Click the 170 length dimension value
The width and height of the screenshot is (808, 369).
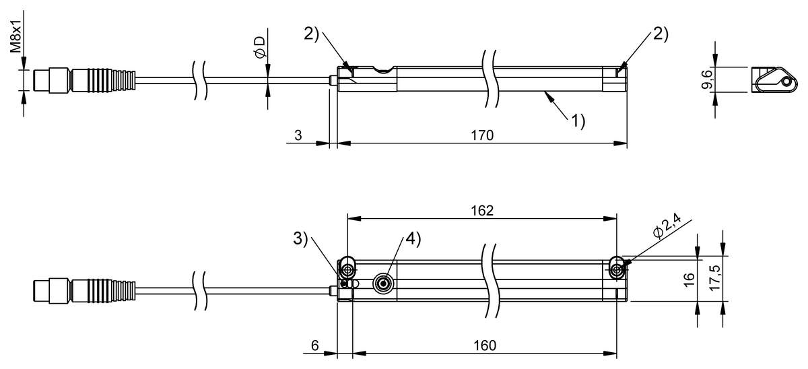[x=482, y=135]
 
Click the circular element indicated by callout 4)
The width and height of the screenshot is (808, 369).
[x=384, y=283]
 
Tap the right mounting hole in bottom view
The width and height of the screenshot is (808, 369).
[x=617, y=270]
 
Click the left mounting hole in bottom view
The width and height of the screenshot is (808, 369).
[x=347, y=270]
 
